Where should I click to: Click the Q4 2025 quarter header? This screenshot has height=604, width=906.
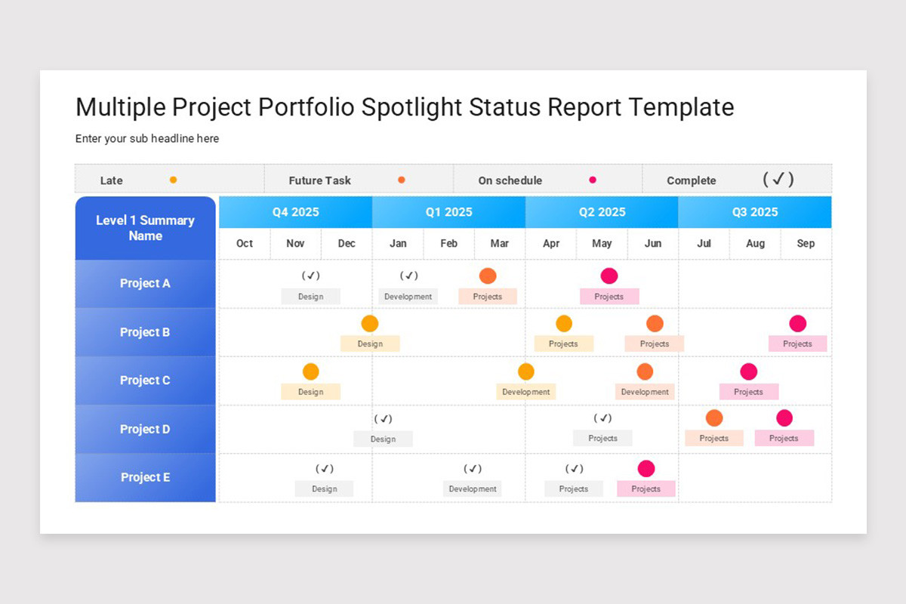pos(295,212)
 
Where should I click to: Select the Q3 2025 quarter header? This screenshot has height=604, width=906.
pos(754,212)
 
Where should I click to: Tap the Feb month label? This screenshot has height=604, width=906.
pos(448,243)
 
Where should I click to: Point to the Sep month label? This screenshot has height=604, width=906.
pos(806,243)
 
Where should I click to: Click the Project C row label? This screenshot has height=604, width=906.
pos(145,381)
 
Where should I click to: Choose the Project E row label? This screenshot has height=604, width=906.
pos(145,477)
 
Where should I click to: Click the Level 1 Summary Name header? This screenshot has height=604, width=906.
pos(145,228)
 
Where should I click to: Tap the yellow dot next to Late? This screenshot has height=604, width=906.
pos(173,180)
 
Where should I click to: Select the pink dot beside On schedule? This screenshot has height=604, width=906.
pos(593,180)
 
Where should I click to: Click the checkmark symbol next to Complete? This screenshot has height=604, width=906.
pos(778,179)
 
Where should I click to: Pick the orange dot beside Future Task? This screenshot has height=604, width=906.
pos(401,180)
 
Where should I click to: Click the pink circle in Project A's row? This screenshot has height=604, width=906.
pos(609,276)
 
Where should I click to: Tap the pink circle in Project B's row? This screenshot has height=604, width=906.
pos(797,324)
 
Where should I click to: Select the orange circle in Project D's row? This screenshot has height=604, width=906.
pos(713,418)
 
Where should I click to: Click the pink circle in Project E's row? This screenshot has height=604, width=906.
pos(646,469)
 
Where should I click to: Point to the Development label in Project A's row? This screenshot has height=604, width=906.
pos(408,297)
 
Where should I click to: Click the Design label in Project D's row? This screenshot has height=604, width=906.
pos(383,439)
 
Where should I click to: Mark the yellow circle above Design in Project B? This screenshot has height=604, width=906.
pos(369,324)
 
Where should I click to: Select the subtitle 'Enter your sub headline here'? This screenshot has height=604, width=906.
pos(147,139)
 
